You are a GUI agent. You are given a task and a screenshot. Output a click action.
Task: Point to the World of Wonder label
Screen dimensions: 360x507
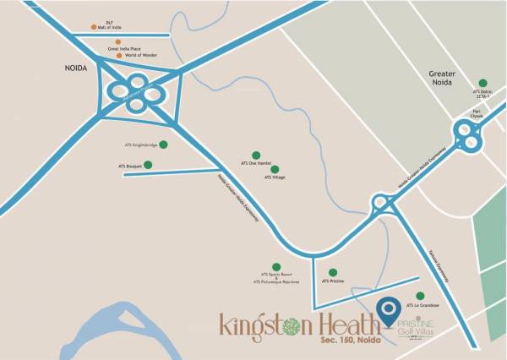pos(143,56)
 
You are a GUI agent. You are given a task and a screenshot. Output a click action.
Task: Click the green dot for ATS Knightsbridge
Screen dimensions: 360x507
pos(163,145)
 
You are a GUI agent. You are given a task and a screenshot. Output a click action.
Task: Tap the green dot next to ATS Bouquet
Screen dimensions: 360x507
pos(148,165)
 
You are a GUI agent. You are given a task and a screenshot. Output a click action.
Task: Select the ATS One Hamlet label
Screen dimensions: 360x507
pos(255,162)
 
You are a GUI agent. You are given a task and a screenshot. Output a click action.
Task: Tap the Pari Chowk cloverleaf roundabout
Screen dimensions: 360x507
pos(466,134)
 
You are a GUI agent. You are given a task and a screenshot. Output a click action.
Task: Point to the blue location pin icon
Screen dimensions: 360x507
pos(389,313)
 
